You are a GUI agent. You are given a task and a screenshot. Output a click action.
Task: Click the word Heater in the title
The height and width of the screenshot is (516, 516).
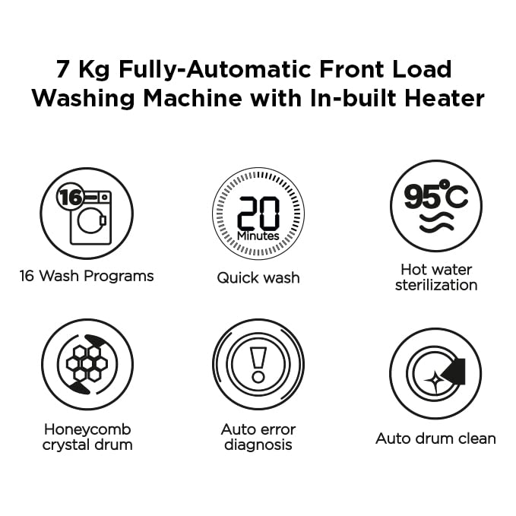coord(445,98)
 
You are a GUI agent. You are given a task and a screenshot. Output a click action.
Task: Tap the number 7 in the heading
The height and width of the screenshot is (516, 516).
coord(63,69)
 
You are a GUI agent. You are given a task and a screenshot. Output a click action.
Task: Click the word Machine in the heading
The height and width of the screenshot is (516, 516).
coord(193,98)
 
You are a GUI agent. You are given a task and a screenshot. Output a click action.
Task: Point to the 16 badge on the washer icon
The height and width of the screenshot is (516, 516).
coord(71,197)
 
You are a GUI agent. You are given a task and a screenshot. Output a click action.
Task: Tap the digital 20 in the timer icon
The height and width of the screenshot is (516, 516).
coord(258,214)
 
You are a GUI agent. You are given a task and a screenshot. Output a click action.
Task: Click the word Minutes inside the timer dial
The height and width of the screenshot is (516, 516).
coord(258,236)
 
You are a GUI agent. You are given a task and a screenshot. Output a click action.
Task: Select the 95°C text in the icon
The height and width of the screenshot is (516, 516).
coord(436,195)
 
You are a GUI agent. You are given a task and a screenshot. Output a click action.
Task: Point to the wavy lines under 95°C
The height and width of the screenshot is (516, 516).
coord(436,223)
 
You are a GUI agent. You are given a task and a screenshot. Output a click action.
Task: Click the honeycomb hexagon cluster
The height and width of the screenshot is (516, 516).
coord(87,364)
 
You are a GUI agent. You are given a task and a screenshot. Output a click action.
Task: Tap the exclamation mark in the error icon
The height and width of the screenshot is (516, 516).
coord(258,365)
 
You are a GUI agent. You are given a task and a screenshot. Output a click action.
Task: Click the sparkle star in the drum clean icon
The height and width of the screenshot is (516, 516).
coord(435,380)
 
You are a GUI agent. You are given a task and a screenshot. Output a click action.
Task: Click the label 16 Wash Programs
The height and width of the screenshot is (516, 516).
coord(87,277)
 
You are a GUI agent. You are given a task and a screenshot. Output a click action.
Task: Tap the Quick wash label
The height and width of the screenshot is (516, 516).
coord(258,278)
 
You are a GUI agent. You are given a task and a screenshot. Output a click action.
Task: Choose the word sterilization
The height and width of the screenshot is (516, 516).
coord(436,285)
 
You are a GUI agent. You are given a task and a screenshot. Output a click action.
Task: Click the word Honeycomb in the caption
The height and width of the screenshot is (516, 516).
coord(87,430)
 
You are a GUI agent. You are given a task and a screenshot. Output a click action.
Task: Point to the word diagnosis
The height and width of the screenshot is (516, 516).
coord(258,445)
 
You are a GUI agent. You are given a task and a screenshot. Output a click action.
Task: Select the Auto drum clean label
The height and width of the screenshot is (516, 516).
coord(435,438)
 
